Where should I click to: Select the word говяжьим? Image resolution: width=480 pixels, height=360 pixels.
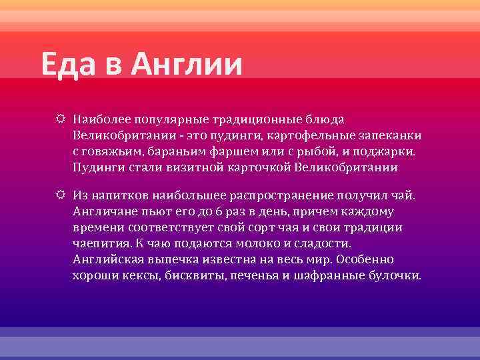(x=112, y=151)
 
